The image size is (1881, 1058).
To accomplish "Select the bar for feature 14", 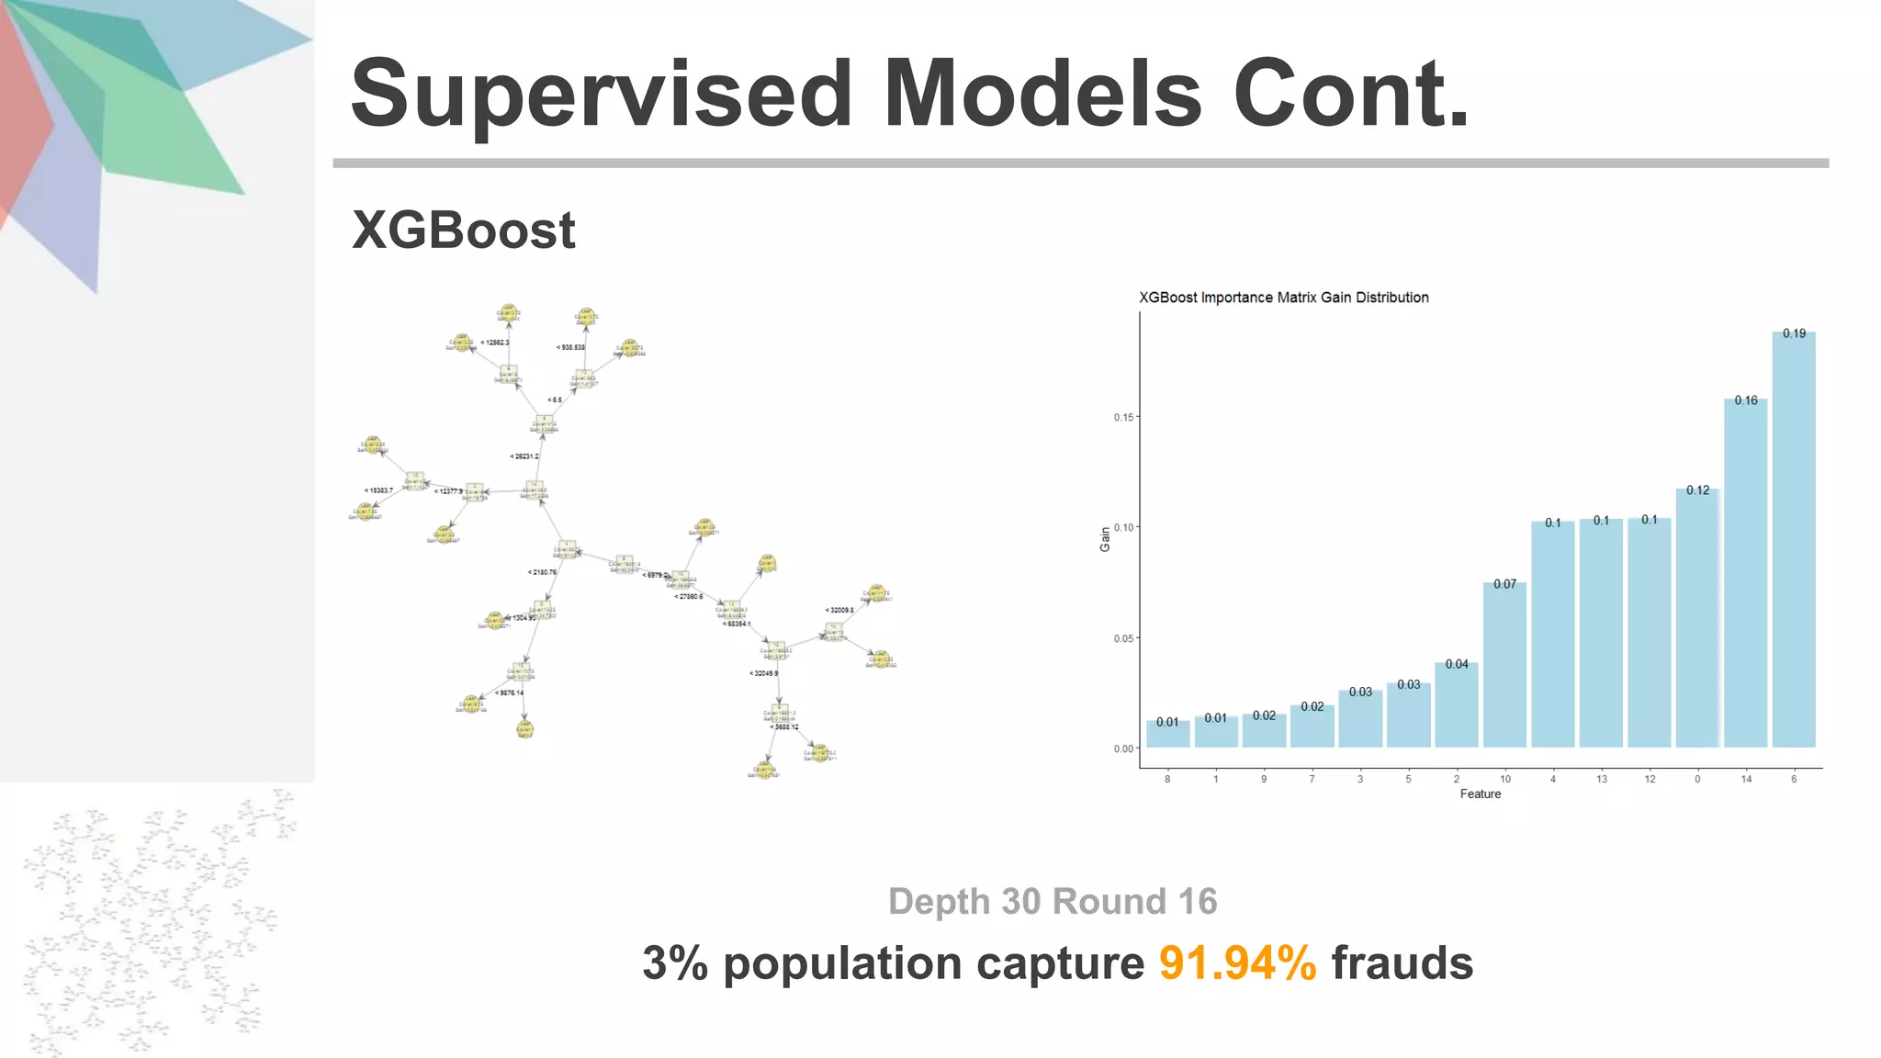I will coord(1746,573).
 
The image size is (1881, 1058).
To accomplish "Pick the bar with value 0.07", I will coord(1504,665).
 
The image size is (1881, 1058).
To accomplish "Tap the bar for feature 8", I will coord(1167,734).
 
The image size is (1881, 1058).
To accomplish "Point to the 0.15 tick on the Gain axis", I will coord(1124,417).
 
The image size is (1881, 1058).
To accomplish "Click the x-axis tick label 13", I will coord(1602,779).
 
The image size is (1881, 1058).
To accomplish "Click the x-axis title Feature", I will coord(1481,794).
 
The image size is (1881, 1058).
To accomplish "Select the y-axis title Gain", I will coord(1105,540).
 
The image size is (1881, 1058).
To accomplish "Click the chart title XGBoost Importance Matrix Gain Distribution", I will coord(1283,298).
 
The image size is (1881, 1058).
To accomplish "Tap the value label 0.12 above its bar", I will coord(1698,490).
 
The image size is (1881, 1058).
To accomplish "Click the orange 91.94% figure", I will coord(1237,963).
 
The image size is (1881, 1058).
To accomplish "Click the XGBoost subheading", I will coord(464,230).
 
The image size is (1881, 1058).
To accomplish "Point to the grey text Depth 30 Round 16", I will coord(1053,902).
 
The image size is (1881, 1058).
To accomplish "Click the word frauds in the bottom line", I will coord(1402,963).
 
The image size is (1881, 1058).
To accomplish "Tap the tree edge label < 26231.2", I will coord(524,456).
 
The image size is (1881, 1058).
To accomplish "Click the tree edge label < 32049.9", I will coord(764,673).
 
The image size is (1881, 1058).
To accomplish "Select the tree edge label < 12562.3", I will coord(494,343).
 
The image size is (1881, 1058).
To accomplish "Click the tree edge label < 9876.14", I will coord(509,692).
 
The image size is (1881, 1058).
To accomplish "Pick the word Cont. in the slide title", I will coord(1350,95).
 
